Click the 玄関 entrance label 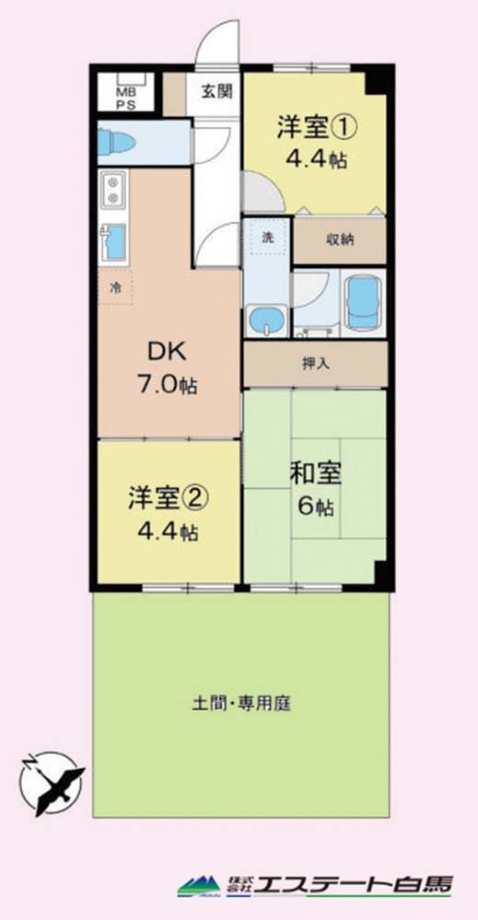(217, 91)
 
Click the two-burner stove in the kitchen (112, 190)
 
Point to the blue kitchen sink (114, 241)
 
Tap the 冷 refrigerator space (115, 287)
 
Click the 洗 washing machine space (267, 237)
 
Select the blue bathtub (363, 303)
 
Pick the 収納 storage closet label (340, 240)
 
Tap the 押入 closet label (316, 364)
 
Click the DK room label (167, 353)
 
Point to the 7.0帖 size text (167, 387)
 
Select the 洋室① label (316, 130)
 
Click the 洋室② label (167, 499)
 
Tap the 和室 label (316, 474)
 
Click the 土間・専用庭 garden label (241, 703)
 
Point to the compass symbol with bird (52, 784)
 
